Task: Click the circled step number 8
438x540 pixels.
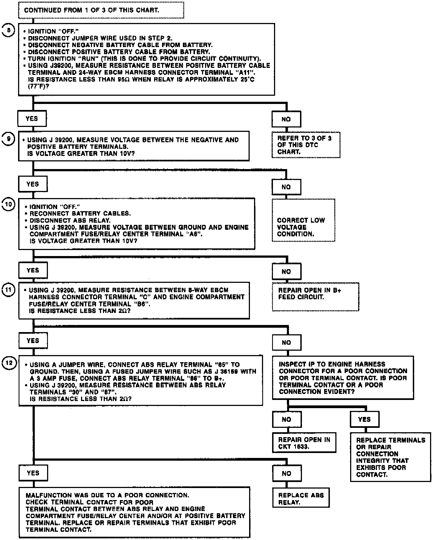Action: (x=8, y=30)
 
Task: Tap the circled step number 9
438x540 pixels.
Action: (x=8, y=139)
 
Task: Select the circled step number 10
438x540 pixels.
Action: (x=8, y=205)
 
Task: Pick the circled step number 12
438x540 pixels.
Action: (x=9, y=363)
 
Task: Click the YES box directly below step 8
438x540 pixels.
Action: (x=32, y=118)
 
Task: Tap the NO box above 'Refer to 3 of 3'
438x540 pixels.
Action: (x=286, y=119)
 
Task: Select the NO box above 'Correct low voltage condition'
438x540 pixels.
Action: (x=286, y=187)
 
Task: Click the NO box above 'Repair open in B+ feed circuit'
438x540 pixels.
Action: (x=286, y=271)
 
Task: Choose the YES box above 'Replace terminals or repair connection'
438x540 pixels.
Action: (x=364, y=419)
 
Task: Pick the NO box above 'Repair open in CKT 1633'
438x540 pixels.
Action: (x=287, y=419)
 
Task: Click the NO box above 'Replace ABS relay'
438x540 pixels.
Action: (x=287, y=473)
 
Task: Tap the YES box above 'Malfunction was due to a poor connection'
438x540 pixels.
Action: (x=33, y=473)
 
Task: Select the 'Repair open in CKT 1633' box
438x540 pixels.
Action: (x=304, y=443)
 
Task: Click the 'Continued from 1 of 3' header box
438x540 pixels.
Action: (x=101, y=10)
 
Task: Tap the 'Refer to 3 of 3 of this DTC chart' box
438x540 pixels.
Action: (x=306, y=145)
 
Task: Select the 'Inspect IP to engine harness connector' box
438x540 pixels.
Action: (x=343, y=378)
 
